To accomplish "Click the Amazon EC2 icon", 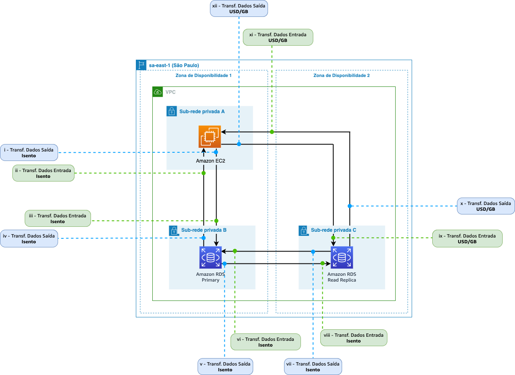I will click(210, 136).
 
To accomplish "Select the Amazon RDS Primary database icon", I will click(210, 257).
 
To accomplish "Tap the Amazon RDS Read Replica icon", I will click(342, 257).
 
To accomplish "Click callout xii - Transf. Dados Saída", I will click(239, 9).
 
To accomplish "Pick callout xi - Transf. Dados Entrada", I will click(278, 37).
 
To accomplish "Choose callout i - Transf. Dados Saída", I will click(29, 153).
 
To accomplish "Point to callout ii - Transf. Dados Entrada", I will click(43, 173).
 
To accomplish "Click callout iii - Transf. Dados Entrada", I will click(58, 219).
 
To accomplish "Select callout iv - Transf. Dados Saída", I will click(29, 239).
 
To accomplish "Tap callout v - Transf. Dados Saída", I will click(225, 367).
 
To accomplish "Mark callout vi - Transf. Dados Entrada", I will click(266, 342).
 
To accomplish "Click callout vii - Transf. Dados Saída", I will click(313, 367).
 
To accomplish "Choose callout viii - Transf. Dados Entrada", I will click(354, 338).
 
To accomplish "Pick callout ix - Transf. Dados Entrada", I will click(467, 239).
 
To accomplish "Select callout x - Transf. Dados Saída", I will click(486, 206).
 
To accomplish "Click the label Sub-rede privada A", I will click(202, 112).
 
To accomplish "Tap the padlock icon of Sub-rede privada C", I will click(304, 231).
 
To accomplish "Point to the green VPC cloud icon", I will click(157, 92).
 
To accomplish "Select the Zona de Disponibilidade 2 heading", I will click(341, 76).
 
